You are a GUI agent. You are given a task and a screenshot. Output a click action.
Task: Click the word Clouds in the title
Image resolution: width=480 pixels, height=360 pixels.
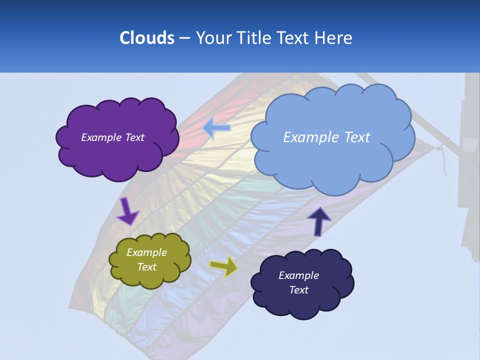tap(146, 38)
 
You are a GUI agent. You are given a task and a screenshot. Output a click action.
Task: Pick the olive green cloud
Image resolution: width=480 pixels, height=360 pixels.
tap(150, 277)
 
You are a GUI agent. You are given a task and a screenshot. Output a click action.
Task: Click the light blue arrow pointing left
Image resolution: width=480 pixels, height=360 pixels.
tap(216, 128)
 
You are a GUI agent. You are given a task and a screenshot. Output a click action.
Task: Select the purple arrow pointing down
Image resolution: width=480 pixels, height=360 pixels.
tap(127, 211)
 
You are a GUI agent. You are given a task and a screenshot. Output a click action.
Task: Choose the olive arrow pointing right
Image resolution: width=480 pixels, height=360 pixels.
tap(223, 266)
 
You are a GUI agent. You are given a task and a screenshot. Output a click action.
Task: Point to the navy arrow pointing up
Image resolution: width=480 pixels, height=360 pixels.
tap(318, 221)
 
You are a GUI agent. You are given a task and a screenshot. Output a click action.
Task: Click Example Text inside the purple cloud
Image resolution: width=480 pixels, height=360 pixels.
tap(112, 137)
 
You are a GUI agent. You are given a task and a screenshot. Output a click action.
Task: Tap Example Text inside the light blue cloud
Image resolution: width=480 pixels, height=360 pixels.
tap(326, 137)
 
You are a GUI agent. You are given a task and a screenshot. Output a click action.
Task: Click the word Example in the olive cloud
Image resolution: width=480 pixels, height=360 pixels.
tap(146, 252)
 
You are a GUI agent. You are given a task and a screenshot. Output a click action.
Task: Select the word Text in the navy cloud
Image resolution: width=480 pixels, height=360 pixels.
tap(298, 290)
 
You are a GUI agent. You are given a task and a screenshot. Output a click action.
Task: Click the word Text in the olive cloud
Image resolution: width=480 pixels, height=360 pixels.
tap(146, 267)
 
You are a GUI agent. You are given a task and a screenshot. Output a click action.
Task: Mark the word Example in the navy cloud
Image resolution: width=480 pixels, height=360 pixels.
tap(298, 275)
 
